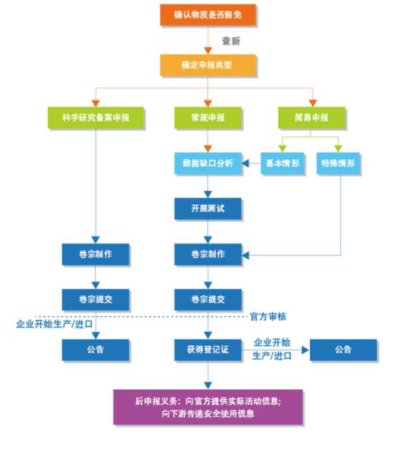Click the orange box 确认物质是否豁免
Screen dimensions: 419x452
(x=208, y=15)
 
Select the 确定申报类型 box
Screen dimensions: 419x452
(x=208, y=65)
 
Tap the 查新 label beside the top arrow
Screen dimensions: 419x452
(x=231, y=41)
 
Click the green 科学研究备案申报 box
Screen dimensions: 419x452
(x=96, y=118)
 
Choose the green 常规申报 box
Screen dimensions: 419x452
(x=208, y=118)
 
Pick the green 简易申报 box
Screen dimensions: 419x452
(x=311, y=118)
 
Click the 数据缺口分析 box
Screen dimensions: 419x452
(x=208, y=163)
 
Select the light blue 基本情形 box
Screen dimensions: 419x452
(x=282, y=163)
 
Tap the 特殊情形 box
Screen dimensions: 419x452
(x=338, y=163)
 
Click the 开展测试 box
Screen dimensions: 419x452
(x=208, y=208)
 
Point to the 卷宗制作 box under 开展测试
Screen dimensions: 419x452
(x=208, y=255)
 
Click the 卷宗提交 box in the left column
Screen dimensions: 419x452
(x=96, y=300)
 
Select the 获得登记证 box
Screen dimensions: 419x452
(x=208, y=350)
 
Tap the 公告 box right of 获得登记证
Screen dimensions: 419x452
(x=344, y=350)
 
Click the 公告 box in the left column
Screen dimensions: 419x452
(x=96, y=350)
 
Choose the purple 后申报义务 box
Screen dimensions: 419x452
(x=208, y=408)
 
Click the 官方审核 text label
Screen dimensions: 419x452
(x=268, y=317)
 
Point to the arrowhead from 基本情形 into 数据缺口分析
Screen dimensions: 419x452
(x=245, y=163)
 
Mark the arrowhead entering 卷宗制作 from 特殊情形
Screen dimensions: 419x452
(x=245, y=255)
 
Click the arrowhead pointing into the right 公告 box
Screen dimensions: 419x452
(x=306, y=350)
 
